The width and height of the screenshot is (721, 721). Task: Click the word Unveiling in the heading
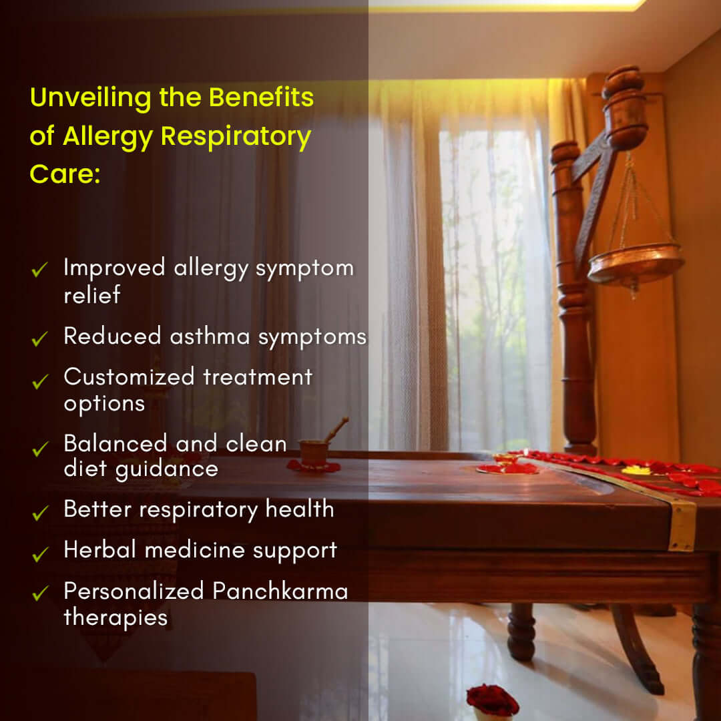point(91,98)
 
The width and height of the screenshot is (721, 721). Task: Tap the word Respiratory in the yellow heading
point(236,137)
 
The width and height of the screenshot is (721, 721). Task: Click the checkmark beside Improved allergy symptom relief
point(40,270)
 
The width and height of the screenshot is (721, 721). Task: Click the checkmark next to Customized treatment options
point(40,381)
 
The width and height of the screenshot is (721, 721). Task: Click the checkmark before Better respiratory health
point(40,512)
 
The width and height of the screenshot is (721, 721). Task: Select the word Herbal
point(100,550)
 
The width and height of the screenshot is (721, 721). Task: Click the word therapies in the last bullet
point(115,617)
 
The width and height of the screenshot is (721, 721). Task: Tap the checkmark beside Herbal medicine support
point(40,553)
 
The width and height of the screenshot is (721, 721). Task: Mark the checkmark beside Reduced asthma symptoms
point(40,339)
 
